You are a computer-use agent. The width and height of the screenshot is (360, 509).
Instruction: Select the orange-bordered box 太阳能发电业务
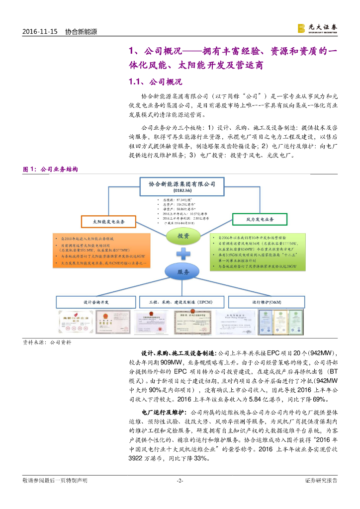pos(107,221)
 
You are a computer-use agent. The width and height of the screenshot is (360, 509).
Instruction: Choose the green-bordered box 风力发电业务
pos(260,219)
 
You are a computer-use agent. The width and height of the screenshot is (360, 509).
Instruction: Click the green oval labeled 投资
pos(183,237)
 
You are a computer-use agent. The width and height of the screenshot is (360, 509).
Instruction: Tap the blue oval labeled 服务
pos(183,272)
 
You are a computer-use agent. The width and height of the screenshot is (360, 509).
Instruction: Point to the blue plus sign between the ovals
pos(183,254)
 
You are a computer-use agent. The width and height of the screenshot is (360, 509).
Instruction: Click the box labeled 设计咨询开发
pos(96,302)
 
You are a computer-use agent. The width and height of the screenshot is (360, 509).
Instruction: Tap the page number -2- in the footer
pos(180,480)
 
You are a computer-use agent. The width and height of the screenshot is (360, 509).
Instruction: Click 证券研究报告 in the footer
pos(321,480)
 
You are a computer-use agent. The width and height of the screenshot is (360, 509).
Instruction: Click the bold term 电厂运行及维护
pos(164,413)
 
